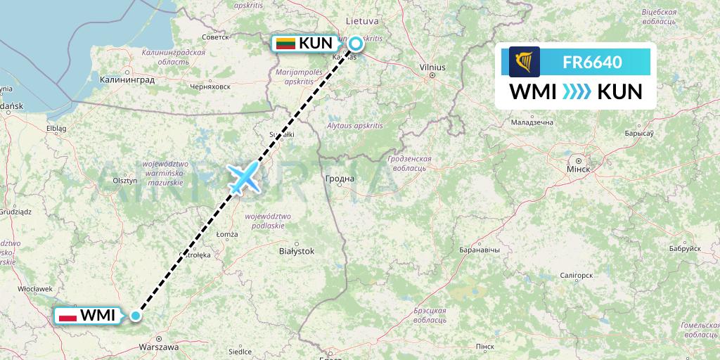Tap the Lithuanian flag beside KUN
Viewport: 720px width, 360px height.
tap(285, 43)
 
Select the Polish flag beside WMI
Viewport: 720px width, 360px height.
tap(67, 316)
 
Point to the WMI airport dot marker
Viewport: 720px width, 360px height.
tap(136, 316)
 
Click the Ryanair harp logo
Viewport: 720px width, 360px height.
tap(525, 62)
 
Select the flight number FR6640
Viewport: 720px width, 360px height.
tap(592, 62)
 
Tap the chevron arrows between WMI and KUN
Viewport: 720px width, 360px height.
tap(577, 92)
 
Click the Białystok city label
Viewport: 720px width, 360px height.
tap(297, 250)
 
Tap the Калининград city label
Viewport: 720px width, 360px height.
tap(127, 80)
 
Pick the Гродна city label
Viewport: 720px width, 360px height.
tap(340, 179)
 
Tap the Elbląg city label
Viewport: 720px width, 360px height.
tap(56, 129)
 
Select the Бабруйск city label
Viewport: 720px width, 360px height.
tap(685, 249)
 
